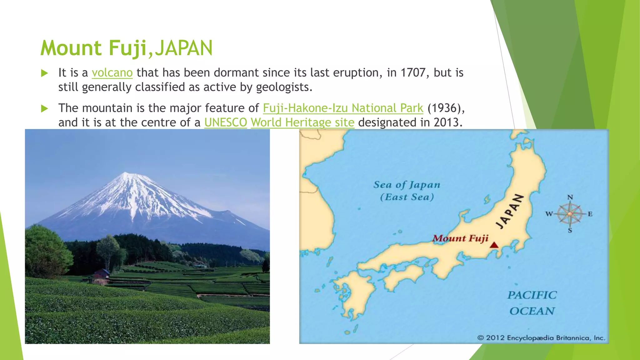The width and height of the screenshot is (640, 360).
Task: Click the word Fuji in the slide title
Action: tap(127, 48)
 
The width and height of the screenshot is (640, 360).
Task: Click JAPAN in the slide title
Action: tap(184, 48)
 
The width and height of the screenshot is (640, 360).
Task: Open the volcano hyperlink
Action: tap(112, 73)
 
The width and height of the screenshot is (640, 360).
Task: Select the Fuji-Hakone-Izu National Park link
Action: tap(343, 108)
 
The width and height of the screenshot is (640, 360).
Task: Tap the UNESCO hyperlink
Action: tap(226, 122)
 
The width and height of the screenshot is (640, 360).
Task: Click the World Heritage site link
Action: tap(302, 122)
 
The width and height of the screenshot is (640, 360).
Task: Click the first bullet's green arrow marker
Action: tap(45, 73)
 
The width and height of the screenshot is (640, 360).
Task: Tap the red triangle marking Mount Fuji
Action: tap(494, 245)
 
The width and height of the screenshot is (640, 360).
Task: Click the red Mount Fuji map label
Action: tap(460, 239)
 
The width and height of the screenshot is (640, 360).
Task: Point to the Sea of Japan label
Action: tap(407, 185)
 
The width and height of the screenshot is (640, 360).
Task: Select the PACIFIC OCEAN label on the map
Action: tap(532, 303)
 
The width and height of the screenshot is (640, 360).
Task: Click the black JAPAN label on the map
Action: tap(510, 211)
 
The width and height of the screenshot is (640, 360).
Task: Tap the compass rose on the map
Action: tap(570, 214)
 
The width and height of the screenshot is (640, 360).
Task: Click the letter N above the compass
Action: tap(570, 197)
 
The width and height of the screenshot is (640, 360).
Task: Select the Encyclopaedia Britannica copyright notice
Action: tap(541, 338)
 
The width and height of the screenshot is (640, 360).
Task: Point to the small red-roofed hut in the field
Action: tap(102, 274)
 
